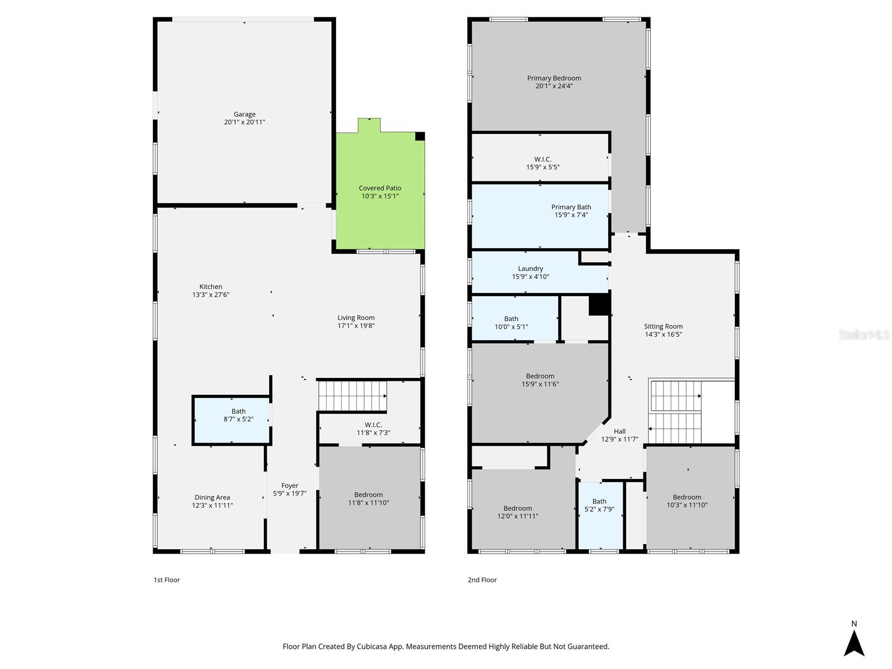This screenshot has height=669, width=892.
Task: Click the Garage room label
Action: [244, 114]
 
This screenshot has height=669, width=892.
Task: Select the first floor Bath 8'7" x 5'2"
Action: [232, 419]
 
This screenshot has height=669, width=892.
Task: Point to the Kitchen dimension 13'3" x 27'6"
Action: [211, 295]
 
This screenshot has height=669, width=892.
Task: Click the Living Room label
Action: [356, 318]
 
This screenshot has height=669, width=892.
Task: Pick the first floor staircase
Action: [352, 396]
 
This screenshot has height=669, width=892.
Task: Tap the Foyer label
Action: [289, 486]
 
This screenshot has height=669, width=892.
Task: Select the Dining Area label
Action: [212, 497]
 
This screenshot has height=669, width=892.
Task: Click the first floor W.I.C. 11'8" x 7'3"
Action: [373, 429]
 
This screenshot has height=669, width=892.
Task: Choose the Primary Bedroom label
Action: [554, 78]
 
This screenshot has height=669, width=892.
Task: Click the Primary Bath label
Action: [571, 207]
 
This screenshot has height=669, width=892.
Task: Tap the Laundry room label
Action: [530, 269]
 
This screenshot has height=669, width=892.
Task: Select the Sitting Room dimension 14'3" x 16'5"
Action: [663, 334]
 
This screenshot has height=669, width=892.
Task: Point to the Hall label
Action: [619, 431]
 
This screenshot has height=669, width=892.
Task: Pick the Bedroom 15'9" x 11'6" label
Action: [540, 376]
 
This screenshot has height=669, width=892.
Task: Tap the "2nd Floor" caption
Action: [482, 580]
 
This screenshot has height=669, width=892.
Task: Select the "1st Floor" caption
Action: [167, 580]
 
